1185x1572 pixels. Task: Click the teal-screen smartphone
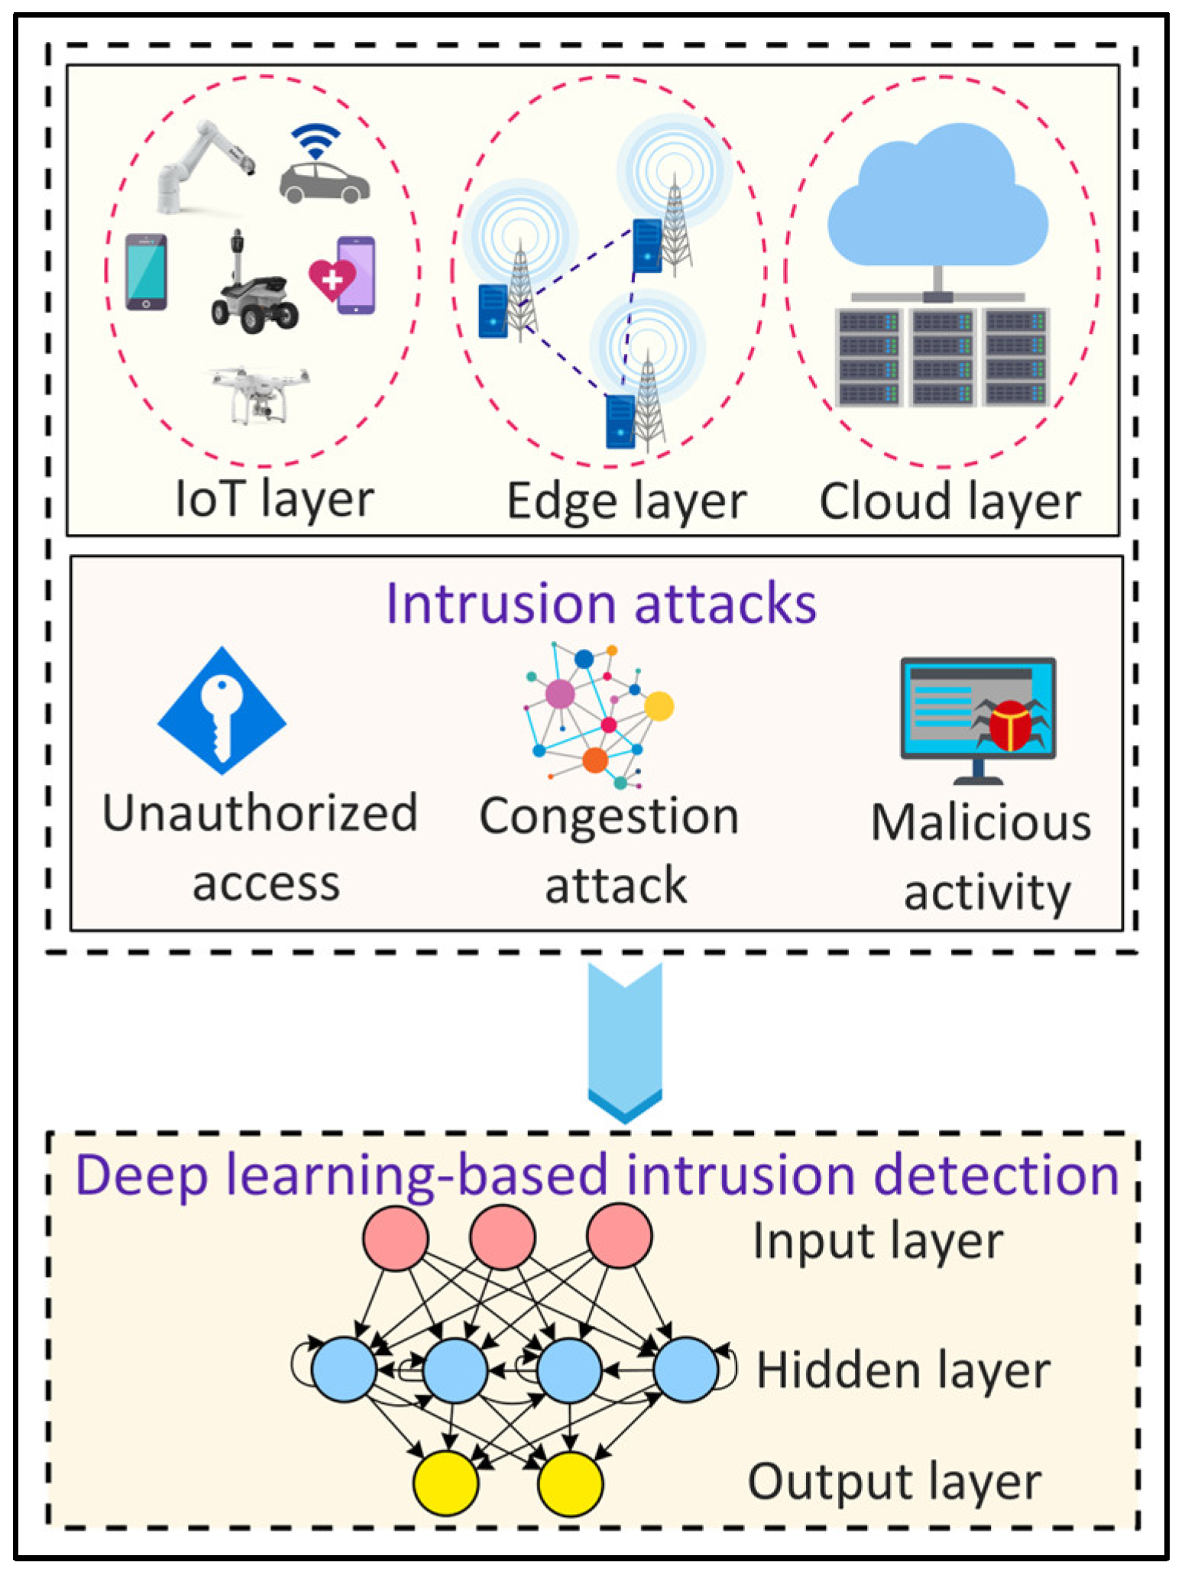point(146,272)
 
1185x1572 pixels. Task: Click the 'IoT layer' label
point(274,500)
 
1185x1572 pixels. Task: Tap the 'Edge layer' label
point(626,502)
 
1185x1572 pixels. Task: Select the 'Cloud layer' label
point(950,502)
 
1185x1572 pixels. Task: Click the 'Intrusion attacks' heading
point(601,604)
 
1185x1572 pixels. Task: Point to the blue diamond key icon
point(222,711)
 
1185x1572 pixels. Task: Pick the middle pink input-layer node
point(503,1237)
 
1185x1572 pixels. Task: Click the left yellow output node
point(446,1483)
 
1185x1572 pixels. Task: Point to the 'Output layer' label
point(894,1483)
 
